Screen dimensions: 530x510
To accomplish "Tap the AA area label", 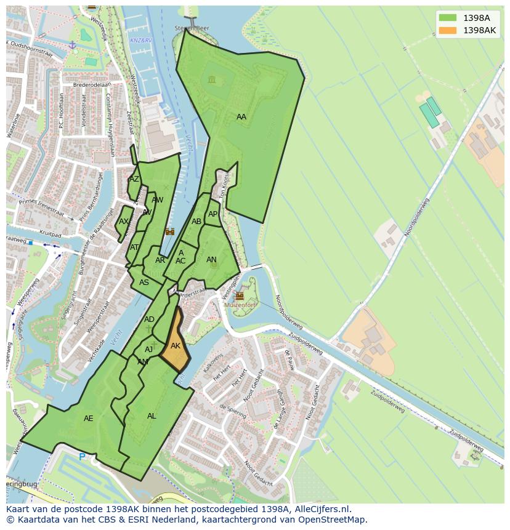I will click(x=241, y=117).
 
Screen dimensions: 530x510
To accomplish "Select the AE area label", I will click(x=89, y=419).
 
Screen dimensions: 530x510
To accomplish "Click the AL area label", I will click(x=152, y=416).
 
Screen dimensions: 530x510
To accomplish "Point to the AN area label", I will click(x=211, y=260).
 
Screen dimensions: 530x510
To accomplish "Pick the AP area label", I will click(x=213, y=214).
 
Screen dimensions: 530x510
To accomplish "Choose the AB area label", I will click(x=196, y=222).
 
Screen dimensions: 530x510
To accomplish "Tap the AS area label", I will click(x=144, y=283).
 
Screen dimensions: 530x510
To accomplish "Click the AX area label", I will click(x=124, y=222).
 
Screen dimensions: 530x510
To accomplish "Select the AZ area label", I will click(x=134, y=179).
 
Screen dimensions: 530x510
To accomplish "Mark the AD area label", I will click(x=149, y=319).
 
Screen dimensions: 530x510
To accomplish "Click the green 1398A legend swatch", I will click(x=448, y=18).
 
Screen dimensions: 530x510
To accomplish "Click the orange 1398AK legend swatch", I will click(x=448, y=30).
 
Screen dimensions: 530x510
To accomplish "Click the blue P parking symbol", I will click(x=82, y=457).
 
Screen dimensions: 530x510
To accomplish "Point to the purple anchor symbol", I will click(x=72, y=45).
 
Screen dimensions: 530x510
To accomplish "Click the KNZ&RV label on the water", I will click(x=140, y=40).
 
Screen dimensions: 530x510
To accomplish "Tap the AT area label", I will click(x=134, y=247).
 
